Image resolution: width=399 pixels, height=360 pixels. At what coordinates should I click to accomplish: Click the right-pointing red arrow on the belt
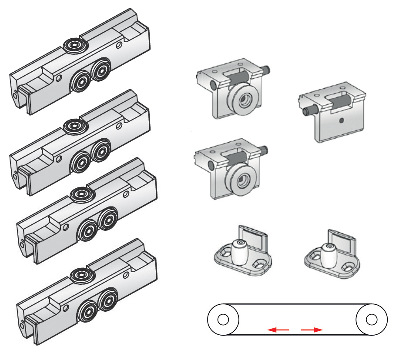(312, 330)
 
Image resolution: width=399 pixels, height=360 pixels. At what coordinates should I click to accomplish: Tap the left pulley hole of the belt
(223, 320)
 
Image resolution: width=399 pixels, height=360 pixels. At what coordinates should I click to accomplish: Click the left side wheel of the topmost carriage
(81, 80)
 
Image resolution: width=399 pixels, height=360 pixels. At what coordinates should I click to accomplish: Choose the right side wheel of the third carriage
(108, 220)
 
